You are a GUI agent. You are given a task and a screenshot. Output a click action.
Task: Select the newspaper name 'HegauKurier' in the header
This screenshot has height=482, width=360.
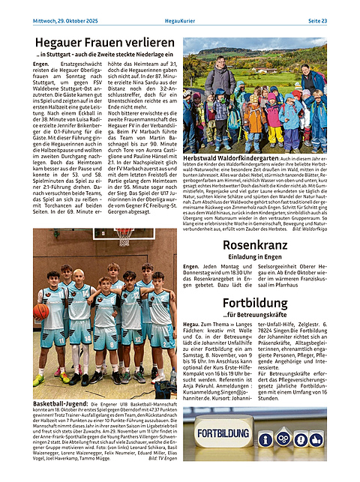[180, 20]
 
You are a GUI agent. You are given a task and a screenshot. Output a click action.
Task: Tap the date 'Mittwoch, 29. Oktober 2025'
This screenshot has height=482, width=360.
[66, 20]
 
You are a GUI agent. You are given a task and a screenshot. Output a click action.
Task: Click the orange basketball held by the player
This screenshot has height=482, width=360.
[42, 311]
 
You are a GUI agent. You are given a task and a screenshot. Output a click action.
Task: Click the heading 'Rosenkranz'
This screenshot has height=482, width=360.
[255, 245]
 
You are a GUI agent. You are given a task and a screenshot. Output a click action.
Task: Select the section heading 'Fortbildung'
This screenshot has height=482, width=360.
[255, 303]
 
